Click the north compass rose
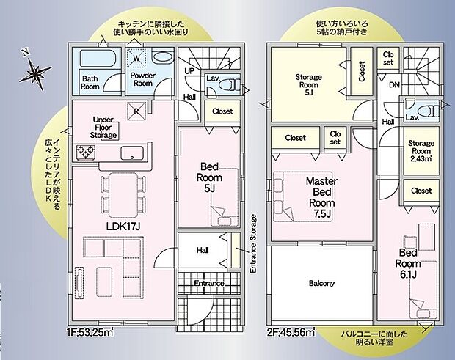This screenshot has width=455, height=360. tap(35, 72)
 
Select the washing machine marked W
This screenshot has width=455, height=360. tap(137, 58)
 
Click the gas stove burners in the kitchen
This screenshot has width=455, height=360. tap(85, 153)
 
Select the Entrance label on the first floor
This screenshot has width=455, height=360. tap(208, 283)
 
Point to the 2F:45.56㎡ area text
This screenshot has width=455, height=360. tap(291, 331)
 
